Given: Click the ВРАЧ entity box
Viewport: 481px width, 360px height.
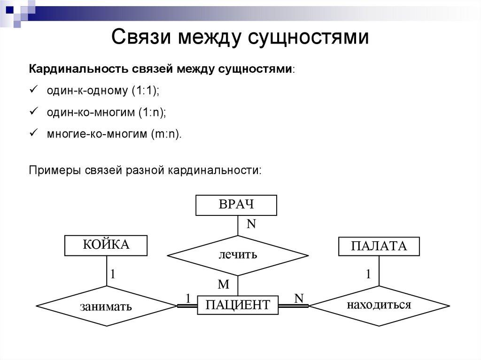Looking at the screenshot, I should click(x=236, y=205).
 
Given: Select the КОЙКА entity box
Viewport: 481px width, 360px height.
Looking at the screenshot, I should click(x=106, y=245).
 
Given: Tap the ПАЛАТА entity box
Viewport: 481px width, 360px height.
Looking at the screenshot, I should click(x=379, y=246).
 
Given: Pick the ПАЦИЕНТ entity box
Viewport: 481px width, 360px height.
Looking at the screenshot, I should click(x=238, y=305).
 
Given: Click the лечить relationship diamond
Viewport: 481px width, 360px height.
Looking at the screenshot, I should click(x=238, y=255).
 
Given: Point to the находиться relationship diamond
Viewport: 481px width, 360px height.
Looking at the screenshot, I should click(x=379, y=305).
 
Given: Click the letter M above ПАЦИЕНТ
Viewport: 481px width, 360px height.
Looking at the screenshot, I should click(x=224, y=284).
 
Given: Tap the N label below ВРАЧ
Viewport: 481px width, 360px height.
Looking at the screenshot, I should click(x=251, y=224).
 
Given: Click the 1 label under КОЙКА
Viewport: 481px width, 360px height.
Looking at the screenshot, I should click(x=113, y=274).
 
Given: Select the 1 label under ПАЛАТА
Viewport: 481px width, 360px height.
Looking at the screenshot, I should click(x=369, y=274).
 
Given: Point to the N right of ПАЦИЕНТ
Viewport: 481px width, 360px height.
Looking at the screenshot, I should click(x=299, y=298).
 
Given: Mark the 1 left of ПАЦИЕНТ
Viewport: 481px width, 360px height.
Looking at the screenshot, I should click(x=188, y=298).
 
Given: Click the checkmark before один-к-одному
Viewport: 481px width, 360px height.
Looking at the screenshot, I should click(x=33, y=90).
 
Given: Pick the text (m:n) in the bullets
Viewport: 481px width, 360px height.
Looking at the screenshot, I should click(x=165, y=134).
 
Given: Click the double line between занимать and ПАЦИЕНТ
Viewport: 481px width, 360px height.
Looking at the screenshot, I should click(x=186, y=306).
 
